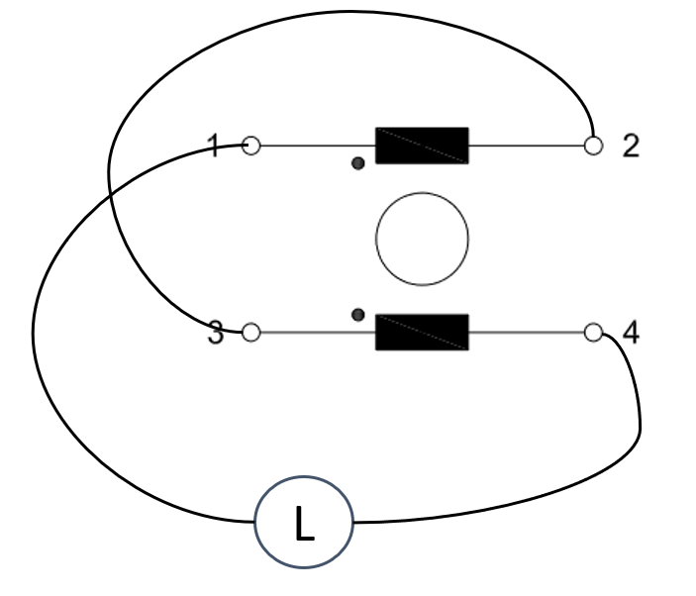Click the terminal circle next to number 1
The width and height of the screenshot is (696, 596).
point(251,147)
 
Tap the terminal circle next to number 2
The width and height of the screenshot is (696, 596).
point(593,147)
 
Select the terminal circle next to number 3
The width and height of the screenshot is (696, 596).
point(251,333)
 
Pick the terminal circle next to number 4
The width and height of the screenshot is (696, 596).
point(593,333)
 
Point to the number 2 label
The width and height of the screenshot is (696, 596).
point(631,147)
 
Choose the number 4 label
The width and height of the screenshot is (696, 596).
point(631,333)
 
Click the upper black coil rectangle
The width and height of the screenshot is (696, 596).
point(422,146)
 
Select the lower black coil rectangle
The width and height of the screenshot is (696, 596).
point(422,332)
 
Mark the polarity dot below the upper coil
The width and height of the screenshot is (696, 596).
point(358,162)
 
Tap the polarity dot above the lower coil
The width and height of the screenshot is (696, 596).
point(358,314)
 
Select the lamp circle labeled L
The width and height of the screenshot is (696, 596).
point(304,522)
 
